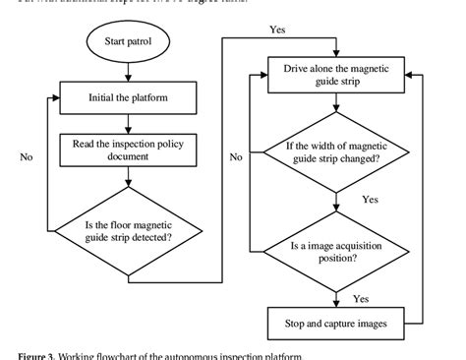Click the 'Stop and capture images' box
(x=336, y=322)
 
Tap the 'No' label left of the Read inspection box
(x=27, y=155)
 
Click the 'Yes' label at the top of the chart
(x=278, y=30)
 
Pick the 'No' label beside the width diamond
(x=236, y=155)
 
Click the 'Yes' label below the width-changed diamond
(x=370, y=200)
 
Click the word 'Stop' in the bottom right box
(x=295, y=322)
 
